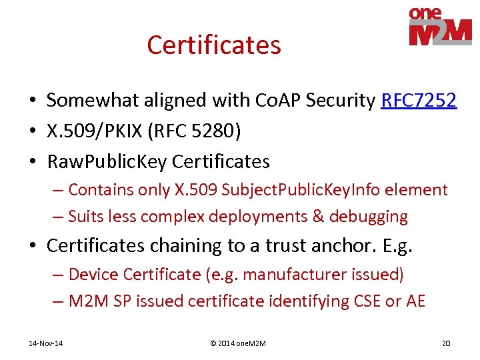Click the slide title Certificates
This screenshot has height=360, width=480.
214,45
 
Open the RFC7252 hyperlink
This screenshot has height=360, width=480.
419,101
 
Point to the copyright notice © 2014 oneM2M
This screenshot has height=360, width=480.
238,343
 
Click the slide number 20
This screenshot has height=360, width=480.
446,343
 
